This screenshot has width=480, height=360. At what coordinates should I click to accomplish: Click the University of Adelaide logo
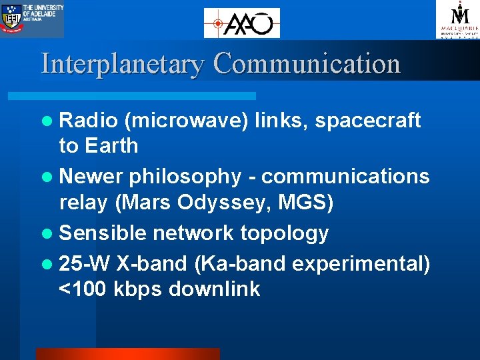tap(32, 19)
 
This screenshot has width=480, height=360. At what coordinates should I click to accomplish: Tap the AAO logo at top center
tap(241, 23)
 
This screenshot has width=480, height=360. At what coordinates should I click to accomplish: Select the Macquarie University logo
tap(457, 19)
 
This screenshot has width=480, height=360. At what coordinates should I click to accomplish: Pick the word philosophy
tap(185, 177)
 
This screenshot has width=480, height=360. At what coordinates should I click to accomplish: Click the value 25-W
tap(84, 264)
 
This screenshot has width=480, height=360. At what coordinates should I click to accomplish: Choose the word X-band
tap(151, 264)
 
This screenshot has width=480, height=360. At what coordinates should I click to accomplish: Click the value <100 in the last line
tap(83, 289)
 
